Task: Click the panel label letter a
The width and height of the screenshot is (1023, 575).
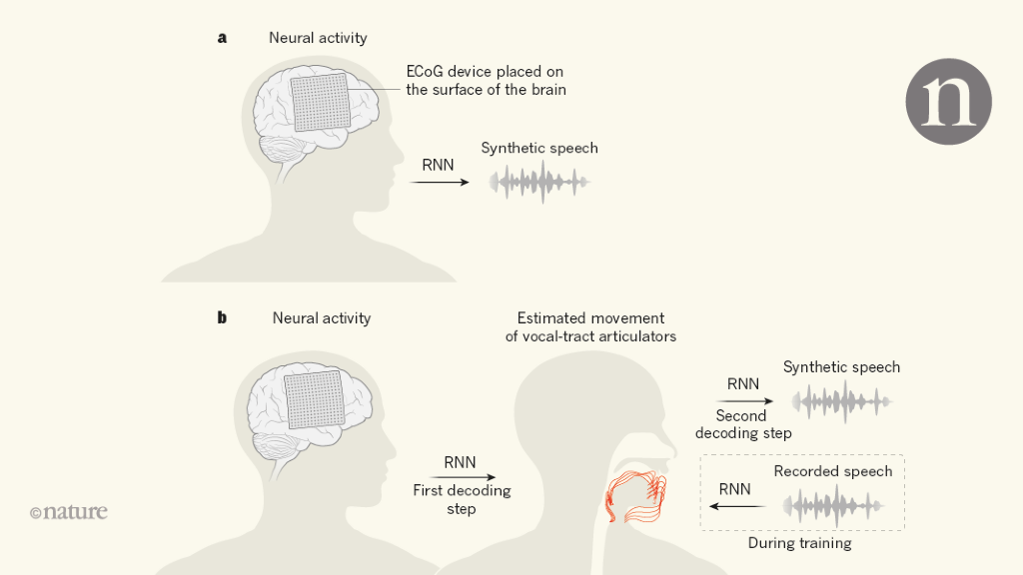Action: [x=222, y=38]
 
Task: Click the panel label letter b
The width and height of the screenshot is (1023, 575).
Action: [x=222, y=318]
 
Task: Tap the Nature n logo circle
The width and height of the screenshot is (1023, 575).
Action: [x=948, y=101]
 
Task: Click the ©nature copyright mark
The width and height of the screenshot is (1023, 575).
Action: [x=68, y=512]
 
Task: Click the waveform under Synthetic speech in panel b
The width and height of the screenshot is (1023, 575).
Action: [x=841, y=402]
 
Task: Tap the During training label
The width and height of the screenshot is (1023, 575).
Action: [x=799, y=544]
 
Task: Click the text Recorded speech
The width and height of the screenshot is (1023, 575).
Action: [x=833, y=471]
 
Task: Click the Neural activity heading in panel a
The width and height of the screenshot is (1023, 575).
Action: [x=318, y=38]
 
